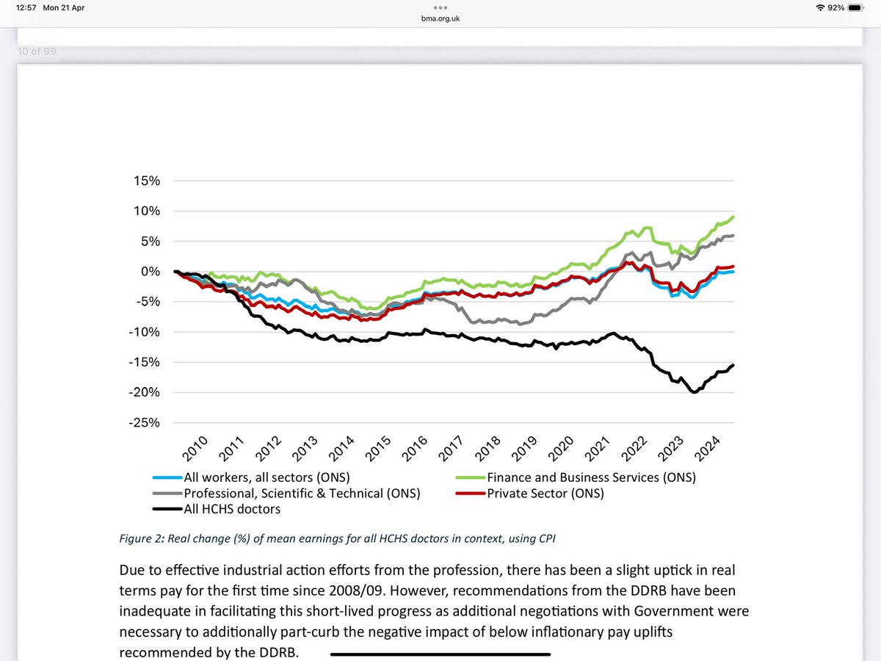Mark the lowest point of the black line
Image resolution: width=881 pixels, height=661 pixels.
pos(693,392)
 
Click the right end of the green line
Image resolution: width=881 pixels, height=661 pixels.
pos(733,217)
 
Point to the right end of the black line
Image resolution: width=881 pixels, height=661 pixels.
pos(733,365)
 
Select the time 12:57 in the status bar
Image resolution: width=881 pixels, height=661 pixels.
pos(21,7)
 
